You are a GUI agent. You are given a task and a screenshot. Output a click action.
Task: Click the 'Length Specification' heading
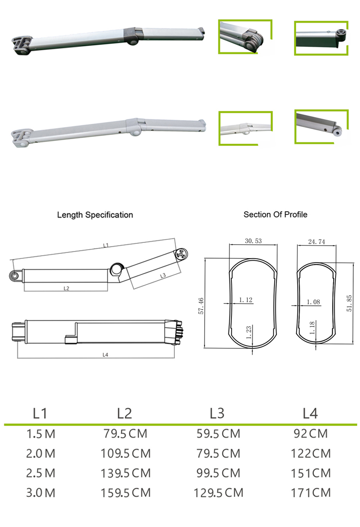95,215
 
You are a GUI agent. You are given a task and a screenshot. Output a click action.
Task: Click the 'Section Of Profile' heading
275,215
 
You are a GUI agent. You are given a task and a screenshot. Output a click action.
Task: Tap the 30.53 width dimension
253,241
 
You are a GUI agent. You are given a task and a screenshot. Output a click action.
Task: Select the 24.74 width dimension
315,242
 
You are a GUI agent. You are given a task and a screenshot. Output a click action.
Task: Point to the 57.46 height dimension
201,306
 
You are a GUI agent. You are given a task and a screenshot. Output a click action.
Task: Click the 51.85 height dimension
349,303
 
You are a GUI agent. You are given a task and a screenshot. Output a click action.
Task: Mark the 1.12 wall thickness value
246,300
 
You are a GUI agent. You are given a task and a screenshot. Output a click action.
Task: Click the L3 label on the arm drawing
162,275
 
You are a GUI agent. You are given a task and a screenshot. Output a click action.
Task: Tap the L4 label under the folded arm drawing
105,355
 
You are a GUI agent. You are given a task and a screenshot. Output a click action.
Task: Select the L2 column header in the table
124,413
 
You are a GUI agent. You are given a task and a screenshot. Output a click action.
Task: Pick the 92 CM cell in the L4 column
311,434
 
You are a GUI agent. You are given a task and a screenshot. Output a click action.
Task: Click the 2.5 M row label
41,473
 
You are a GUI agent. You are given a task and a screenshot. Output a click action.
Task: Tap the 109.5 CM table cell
125,453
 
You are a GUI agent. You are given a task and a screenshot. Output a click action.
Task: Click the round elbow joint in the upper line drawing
116,269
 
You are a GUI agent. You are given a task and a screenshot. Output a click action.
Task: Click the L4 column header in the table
310,413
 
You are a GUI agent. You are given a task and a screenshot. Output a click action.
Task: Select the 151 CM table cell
311,473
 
